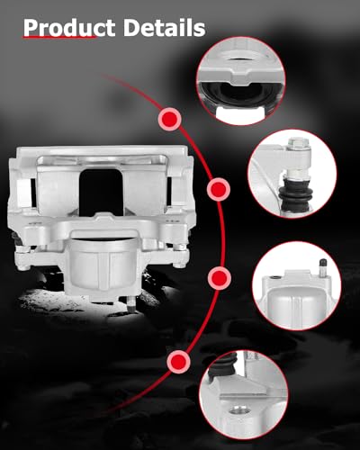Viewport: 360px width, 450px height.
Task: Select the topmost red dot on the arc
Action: point(167,118)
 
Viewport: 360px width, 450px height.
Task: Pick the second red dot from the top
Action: point(217,189)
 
